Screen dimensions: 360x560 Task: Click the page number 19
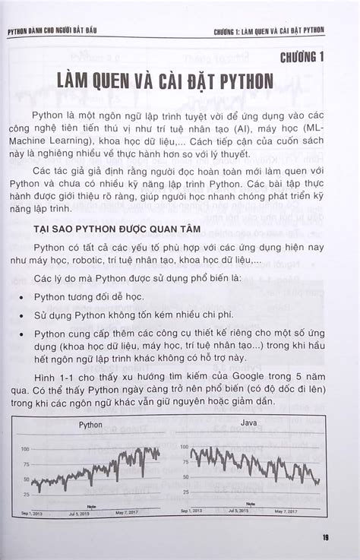[325, 539]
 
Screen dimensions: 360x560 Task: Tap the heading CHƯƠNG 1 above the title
[302, 57]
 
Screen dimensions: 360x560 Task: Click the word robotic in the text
[105, 261]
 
